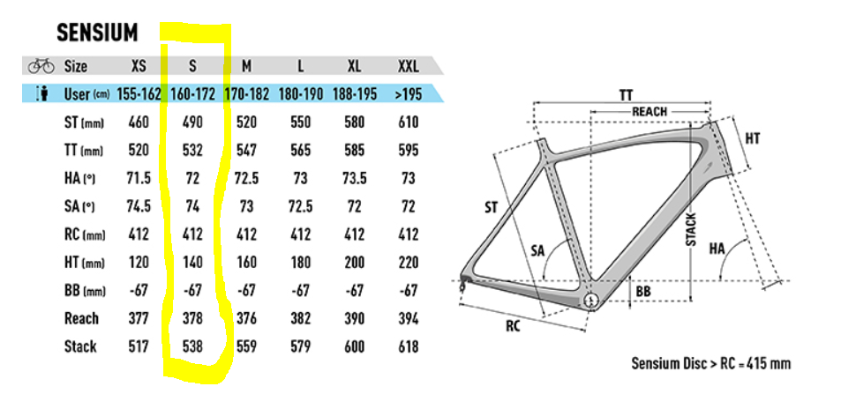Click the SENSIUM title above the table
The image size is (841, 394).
(x=97, y=33)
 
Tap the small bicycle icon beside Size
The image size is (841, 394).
(x=41, y=66)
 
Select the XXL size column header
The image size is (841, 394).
(x=409, y=66)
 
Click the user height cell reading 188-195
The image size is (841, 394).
(x=354, y=95)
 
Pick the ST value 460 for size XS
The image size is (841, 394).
(x=139, y=123)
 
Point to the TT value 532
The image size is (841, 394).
(x=192, y=151)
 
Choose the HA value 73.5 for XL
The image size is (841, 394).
(x=354, y=179)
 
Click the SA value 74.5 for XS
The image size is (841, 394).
(x=139, y=206)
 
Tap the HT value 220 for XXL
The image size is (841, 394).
(x=409, y=263)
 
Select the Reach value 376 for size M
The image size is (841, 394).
(x=246, y=318)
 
